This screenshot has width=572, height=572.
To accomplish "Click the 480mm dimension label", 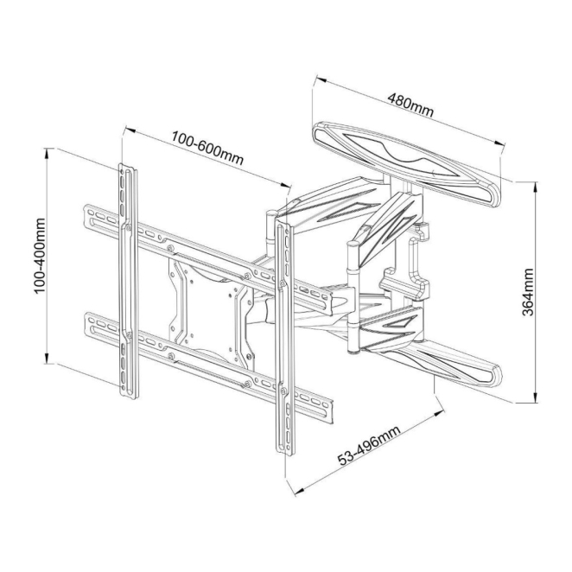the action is click(x=410, y=105).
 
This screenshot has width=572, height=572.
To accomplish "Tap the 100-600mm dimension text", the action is click(x=207, y=148).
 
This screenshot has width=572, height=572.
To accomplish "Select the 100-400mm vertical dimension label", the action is click(x=40, y=256).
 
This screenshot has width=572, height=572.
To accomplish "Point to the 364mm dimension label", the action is click(x=527, y=292).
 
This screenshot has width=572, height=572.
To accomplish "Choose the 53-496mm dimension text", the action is click(x=368, y=446).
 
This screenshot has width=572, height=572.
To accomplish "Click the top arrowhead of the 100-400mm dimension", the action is click(x=47, y=154).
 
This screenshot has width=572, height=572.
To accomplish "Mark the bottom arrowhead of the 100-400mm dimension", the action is click(x=47, y=358).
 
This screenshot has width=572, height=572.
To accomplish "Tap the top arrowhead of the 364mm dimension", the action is click(x=535, y=187).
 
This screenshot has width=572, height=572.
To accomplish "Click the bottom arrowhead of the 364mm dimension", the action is click(x=535, y=397).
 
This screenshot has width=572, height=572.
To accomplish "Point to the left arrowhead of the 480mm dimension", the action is click(x=321, y=79).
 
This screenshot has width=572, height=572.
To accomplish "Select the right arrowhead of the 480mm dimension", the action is click(x=499, y=143).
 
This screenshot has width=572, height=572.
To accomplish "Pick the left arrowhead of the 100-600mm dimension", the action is click(x=130, y=130).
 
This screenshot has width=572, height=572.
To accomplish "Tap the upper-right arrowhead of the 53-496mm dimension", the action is click(x=439, y=414).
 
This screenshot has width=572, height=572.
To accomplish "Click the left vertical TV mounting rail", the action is click(x=129, y=281).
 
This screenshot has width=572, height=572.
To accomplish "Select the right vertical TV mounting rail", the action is click(x=283, y=338).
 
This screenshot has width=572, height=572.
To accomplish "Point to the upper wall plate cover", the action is click(x=406, y=164).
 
